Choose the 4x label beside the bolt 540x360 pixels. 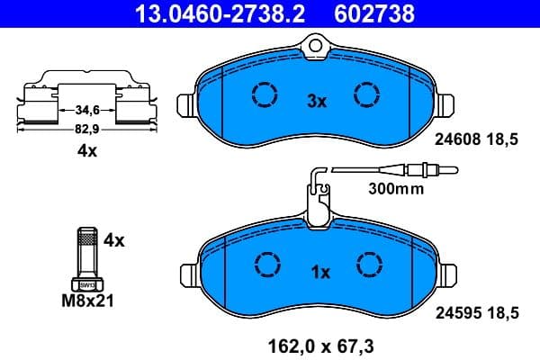pos(112,240)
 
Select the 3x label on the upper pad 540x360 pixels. pos(316,102)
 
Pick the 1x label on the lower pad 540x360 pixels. pos(320,271)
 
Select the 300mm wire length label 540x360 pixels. pos(395,190)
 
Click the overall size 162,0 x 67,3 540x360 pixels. pos(318,343)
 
